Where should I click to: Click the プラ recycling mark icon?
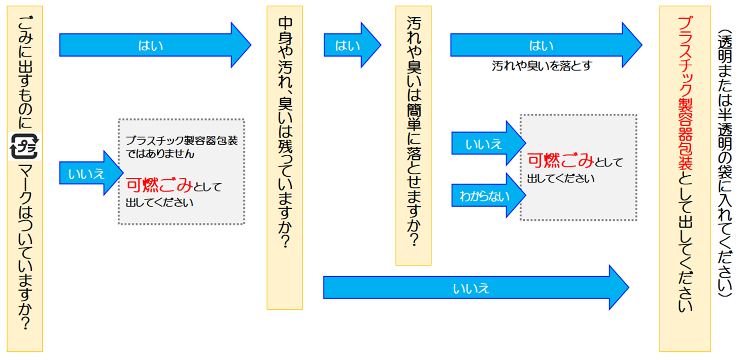(25, 147)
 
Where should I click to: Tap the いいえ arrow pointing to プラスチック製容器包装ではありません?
(86, 173)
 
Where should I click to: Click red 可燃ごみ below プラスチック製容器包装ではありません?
(159, 186)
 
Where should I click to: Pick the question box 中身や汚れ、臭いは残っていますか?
(285, 157)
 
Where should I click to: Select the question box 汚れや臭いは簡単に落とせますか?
(413, 136)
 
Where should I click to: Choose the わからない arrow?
(484, 195)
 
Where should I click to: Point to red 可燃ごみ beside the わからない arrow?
(560, 161)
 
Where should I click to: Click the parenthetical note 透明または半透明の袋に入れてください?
(724, 162)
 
